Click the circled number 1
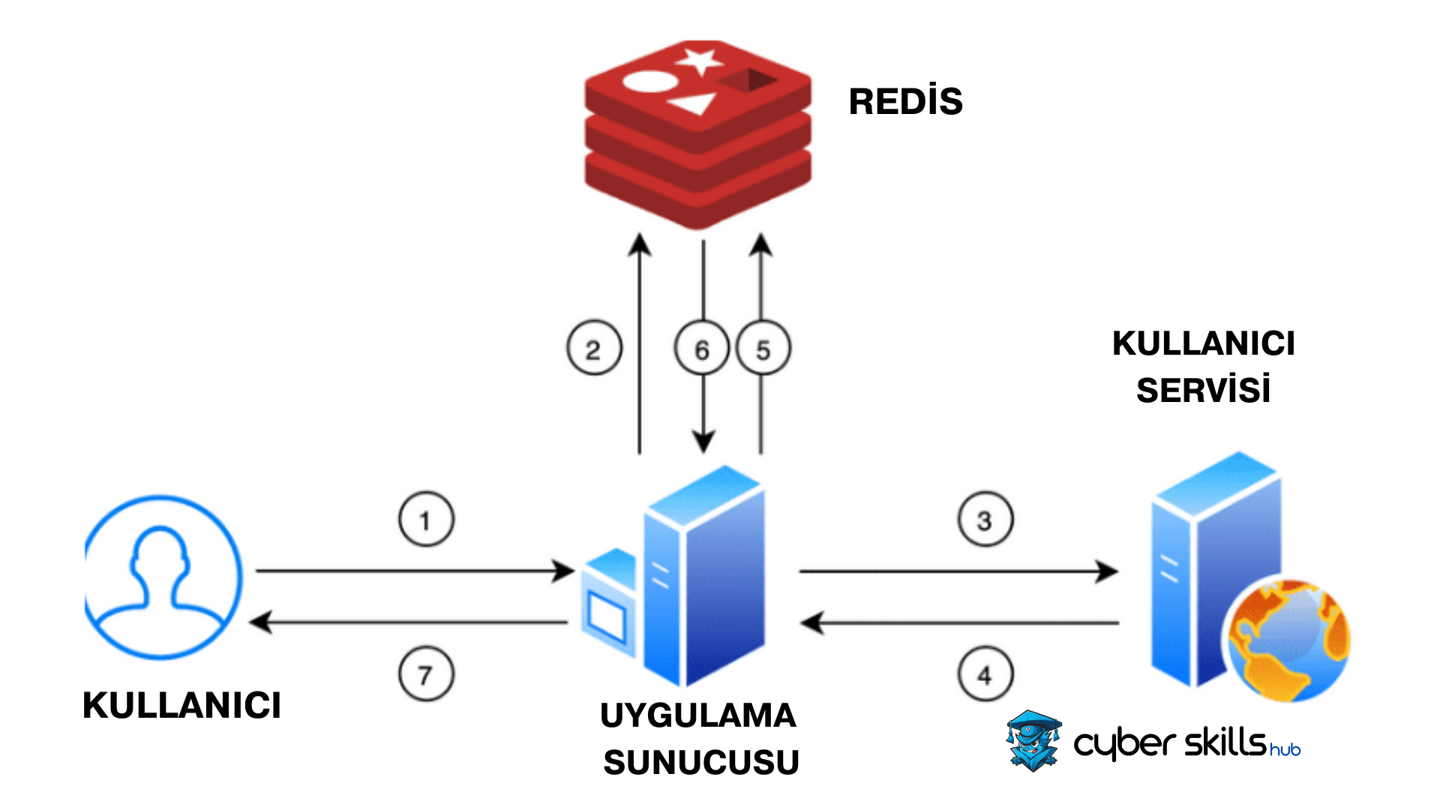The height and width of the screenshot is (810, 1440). point(426,519)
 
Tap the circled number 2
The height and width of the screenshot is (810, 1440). point(594,348)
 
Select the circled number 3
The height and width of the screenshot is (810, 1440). point(985,519)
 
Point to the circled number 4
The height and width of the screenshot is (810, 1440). point(985,674)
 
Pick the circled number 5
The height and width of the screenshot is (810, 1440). point(763,348)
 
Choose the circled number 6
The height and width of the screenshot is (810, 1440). point(702,348)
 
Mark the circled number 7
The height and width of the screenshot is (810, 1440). point(426,674)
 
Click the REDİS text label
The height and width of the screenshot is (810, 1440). point(905,102)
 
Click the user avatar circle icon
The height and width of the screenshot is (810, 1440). point(163,577)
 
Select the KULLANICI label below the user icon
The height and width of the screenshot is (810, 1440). point(181,706)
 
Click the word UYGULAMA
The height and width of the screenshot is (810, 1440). point(697,715)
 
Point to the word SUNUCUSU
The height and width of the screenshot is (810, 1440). point(700,763)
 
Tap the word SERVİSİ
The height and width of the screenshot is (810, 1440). point(1203,391)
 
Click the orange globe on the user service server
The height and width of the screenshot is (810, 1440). point(1287,640)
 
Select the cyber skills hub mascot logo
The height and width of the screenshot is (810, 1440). point(1033,741)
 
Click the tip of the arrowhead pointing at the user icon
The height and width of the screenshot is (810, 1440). point(251,622)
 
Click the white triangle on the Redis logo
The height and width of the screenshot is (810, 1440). point(694,103)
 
